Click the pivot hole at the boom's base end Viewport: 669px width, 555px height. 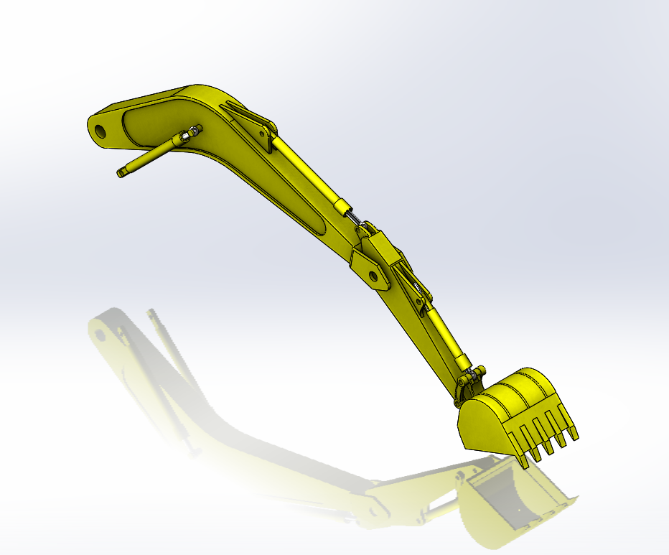coord(100,131)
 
